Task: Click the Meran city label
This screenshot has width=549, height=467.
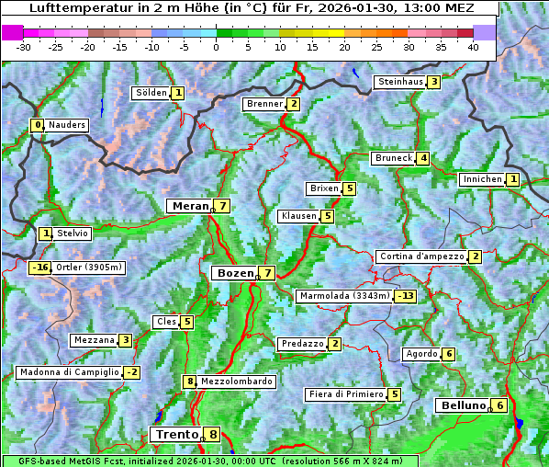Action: pyautogui.click(x=190, y=206)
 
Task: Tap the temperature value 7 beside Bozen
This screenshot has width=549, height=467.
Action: pyautogui.click(x=266, y=273)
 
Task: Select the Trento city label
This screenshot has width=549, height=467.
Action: pyautogui.click(x=176, y=435)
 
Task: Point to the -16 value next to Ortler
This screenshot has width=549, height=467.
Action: pyautogui.click(x=39, y=268)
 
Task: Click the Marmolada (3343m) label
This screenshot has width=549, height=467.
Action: pyautogui.click(x=344, y=296)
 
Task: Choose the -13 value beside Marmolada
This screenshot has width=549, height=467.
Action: pyautogui.click(x=405, y=296)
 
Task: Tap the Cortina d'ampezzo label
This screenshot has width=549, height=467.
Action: pyautogui.click(x=420, y=256)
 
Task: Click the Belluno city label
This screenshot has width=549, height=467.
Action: pyautogui.click(x=462, y=405)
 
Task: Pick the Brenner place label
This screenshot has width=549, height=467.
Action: pyautogui.click(x=264, y=104)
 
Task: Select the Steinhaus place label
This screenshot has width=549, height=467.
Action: pyautogui.click(x=400, y=82)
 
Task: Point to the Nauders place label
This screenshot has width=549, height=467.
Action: pyautogui.click(x=66, y=125)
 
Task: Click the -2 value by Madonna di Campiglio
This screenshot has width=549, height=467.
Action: pyautogui.click(x=132, y=372)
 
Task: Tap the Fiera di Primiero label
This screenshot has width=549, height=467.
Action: pyautogui.click(x=345, y=394)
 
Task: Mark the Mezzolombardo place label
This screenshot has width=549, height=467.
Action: pyautogui.click(x=236, y=382)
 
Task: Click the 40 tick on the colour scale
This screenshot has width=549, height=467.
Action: pyautogui.click(x=473, y=46)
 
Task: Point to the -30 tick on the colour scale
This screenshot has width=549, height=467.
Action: pyautogui.click(x=24, y=46)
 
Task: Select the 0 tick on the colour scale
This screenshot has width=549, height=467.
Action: pyautogui.click(x=216, y=46)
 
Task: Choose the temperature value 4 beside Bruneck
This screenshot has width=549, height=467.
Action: pyautogui.click(x=422, y=158)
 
